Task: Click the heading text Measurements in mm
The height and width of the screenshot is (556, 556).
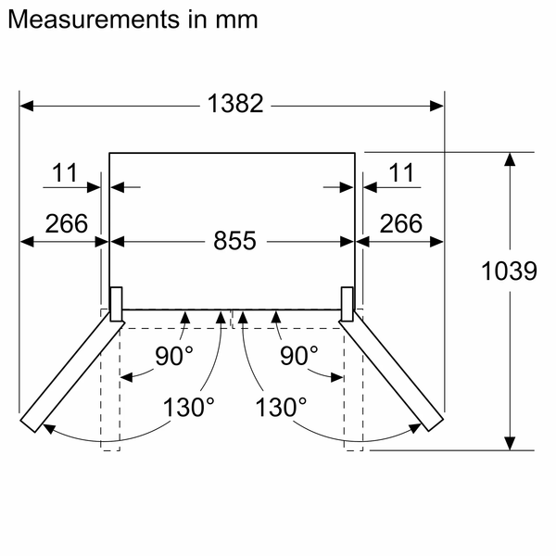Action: tap(132, 19)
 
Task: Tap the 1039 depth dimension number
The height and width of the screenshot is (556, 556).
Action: tap(510, 272)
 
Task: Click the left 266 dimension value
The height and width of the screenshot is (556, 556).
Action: tap(65, 223)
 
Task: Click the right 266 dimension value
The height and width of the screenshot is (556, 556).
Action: tap(399, 223)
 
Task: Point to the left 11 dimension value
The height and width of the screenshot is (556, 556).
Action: tap(65, 172)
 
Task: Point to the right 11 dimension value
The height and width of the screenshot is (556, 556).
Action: tap(401, 172)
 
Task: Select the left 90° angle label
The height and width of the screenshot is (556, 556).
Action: tap(174, 355)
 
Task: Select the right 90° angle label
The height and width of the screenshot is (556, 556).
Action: tap(299, 355)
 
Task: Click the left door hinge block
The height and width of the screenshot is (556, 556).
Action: tap(117, 303)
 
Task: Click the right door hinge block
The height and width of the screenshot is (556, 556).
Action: tap(347, 303)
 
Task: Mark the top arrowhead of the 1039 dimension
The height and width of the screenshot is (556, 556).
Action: tap(509, 160)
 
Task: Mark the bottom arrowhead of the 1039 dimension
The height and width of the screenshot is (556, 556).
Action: tap(509, 442)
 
